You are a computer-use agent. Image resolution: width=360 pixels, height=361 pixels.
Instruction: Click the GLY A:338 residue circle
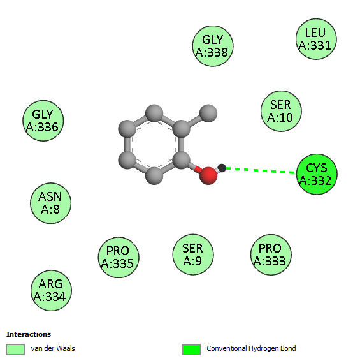[x=213, y=46]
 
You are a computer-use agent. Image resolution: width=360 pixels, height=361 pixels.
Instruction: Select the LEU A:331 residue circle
[x=316, y=39]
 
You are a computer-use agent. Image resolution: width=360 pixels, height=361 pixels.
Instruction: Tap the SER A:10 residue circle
[x=281, y=111]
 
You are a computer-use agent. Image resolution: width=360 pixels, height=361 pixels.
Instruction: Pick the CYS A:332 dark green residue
[x=317, y=174]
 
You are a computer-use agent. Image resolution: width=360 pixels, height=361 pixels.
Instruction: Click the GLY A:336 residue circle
[x=43, y=121]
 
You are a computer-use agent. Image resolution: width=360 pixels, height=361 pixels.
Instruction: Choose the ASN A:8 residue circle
[x=50, y=203]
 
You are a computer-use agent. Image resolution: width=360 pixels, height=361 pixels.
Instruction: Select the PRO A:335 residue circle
[x=119, y=257]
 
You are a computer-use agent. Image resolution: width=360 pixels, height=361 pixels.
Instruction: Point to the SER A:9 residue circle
[x=193, y=254]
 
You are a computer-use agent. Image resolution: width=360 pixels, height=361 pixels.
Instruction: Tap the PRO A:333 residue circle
[x=271, y=254]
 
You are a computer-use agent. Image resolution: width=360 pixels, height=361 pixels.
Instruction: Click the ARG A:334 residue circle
[x=51, y=290]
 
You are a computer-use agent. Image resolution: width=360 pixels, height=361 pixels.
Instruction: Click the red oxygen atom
[x=208, y=175]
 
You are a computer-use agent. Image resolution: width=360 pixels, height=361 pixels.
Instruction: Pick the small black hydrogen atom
[x=222, y=168]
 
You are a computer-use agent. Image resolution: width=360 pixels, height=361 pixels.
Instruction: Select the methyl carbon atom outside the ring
[x=208, y=113]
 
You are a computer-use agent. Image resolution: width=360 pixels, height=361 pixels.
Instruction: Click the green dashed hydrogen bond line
[x=261, y=170]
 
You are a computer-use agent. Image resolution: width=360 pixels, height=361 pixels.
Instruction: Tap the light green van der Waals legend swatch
[x=15, y=350]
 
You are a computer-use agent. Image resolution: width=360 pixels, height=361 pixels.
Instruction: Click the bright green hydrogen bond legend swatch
[x=191, y=350]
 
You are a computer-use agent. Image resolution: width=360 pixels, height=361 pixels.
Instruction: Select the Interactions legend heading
[x=29, y=334]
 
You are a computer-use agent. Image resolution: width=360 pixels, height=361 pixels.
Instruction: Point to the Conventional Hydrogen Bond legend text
[x=251, y=349]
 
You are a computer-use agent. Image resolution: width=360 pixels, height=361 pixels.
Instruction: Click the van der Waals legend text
[x=53, y=349]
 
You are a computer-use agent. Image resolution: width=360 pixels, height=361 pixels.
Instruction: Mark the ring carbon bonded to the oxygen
[x=181, y=160]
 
